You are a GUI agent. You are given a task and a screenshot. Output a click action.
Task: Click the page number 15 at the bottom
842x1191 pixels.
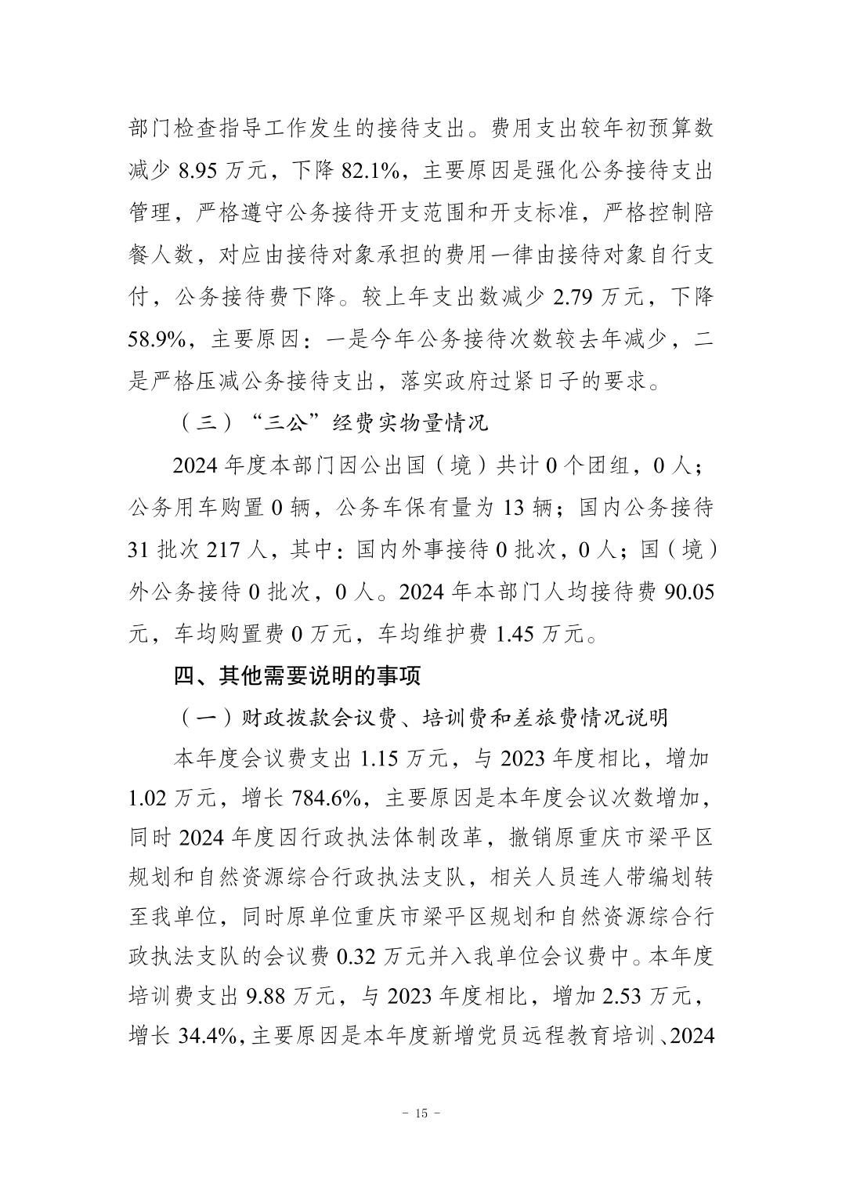click(421, 1113)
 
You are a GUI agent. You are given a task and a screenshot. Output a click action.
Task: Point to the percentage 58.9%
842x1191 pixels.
click(161, 340)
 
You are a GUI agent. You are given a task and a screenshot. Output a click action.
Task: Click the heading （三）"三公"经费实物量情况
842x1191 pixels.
click(332, 423)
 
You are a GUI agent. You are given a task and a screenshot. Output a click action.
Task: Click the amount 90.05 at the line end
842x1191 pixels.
click(688, 592)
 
